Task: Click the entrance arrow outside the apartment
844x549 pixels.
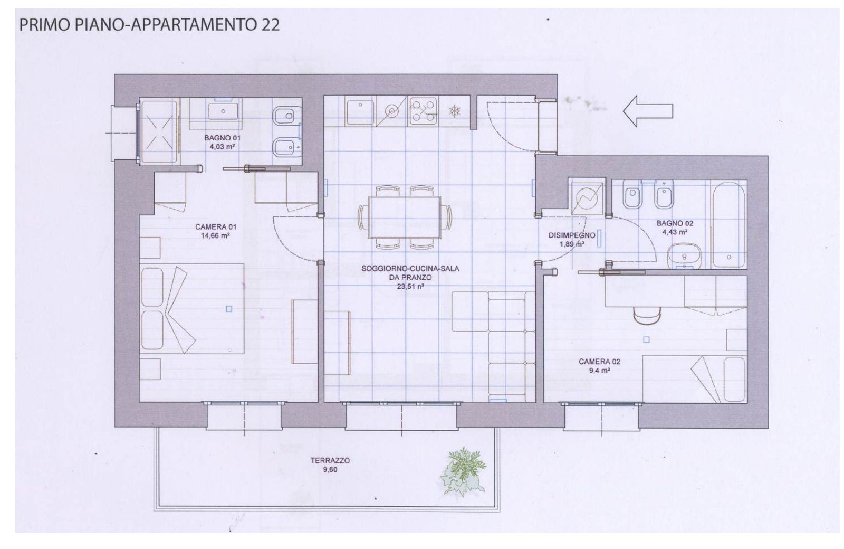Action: coord(648,111)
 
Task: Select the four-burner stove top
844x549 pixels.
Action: coord(424,111)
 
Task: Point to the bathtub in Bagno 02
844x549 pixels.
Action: coord(728,224)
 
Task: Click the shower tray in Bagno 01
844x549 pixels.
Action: coord(158,131)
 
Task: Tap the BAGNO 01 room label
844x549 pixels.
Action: coord(222,138)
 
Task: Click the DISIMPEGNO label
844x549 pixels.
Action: coord(572,235)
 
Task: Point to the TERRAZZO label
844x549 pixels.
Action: coord(330,460)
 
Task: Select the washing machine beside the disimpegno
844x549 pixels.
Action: coord(587,198)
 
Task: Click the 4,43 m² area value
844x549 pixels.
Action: coord(675,232)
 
